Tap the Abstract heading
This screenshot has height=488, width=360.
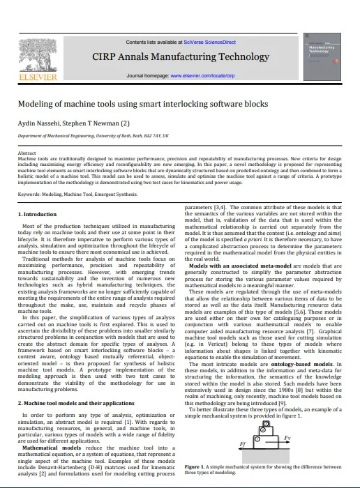27,152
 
